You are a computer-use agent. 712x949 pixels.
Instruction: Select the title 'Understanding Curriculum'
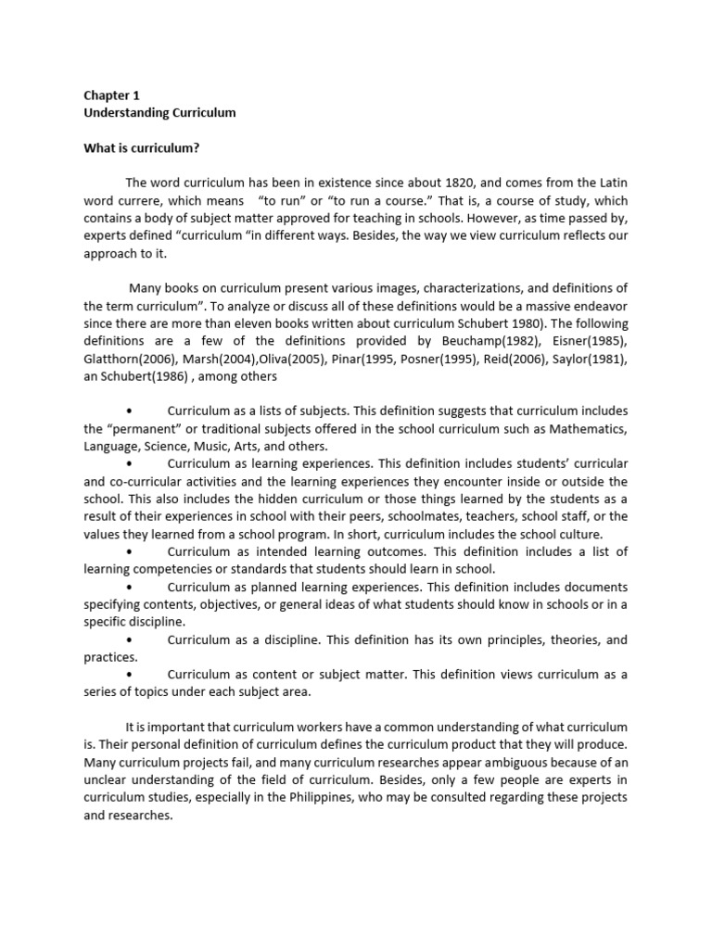(160, 112)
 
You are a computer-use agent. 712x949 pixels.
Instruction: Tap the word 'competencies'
(163, 568)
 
